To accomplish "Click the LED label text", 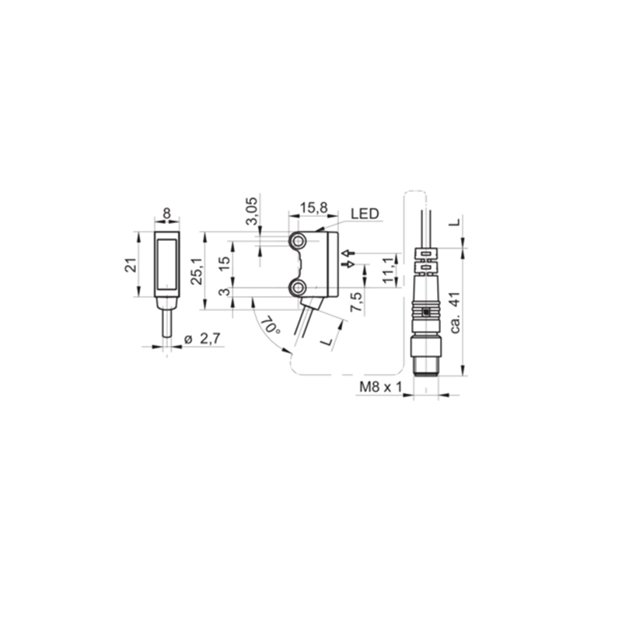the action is click(365, 214).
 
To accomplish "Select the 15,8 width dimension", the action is click(313, 208).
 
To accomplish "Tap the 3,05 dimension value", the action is click(251, 211).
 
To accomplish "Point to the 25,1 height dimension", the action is click(197, 271).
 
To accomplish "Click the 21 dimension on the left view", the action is click(131, 265).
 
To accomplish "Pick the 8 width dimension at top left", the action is click(166, 213).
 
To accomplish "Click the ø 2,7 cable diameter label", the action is click(202, 339).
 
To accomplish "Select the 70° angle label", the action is click(271, 325).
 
